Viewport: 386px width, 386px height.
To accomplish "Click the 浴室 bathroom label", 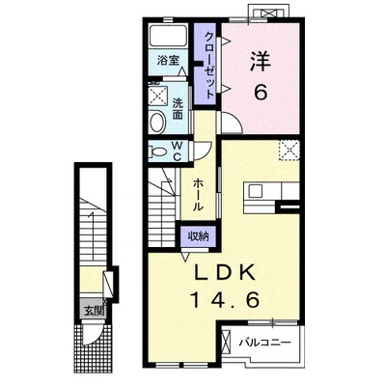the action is [x=168, y=60].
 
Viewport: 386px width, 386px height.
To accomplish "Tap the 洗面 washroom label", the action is [x=178, y=109].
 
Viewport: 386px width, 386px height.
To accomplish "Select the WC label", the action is [x=177, y=152].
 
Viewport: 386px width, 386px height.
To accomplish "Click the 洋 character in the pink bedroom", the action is [x=261, y=62].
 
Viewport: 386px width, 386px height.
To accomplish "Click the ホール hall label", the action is [x=198, y=195].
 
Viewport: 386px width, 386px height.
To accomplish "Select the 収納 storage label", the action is [x=198, y=236].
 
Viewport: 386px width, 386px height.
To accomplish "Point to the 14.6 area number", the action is [x=225, y=300].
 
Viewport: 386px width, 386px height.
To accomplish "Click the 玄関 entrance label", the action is [x=94, y=311].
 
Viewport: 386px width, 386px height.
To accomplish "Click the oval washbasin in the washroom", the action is [x=158, y=122].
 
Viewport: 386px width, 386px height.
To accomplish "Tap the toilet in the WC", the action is [x=158, y=152].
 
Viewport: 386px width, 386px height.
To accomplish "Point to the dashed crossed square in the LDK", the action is [x=289, y=151].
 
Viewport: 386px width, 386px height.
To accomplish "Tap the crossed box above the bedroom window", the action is [x=268, y=14].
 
